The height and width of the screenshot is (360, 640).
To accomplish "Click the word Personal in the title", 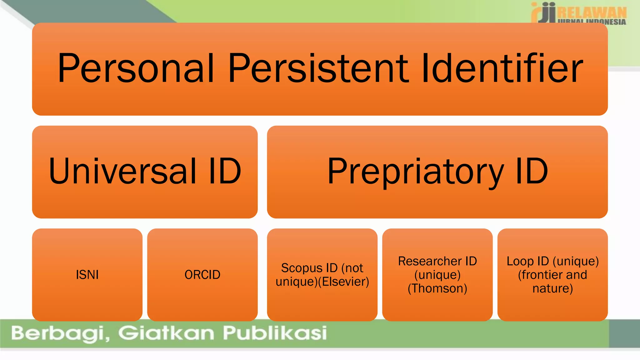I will click(x=136, y=68).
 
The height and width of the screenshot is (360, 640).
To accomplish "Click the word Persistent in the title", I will click(x=318, y=68).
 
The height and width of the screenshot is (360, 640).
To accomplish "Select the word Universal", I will click(x=123, y=171).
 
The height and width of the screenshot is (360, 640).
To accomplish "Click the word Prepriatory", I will click(x=416, y=171).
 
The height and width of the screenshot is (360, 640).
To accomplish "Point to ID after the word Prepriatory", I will click(x=532, y=171).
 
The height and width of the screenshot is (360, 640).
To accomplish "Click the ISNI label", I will click(x=87, y=275).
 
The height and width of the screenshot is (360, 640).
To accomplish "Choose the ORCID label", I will click(x=202, y=275).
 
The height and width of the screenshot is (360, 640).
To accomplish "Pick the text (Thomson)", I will click(x=437, y=288).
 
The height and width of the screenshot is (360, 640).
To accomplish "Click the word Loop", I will click(x=520, y=261).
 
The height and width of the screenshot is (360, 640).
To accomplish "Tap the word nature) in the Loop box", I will click(x=552, y=288).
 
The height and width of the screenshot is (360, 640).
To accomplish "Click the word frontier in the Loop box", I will click(x=540, y=275).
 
